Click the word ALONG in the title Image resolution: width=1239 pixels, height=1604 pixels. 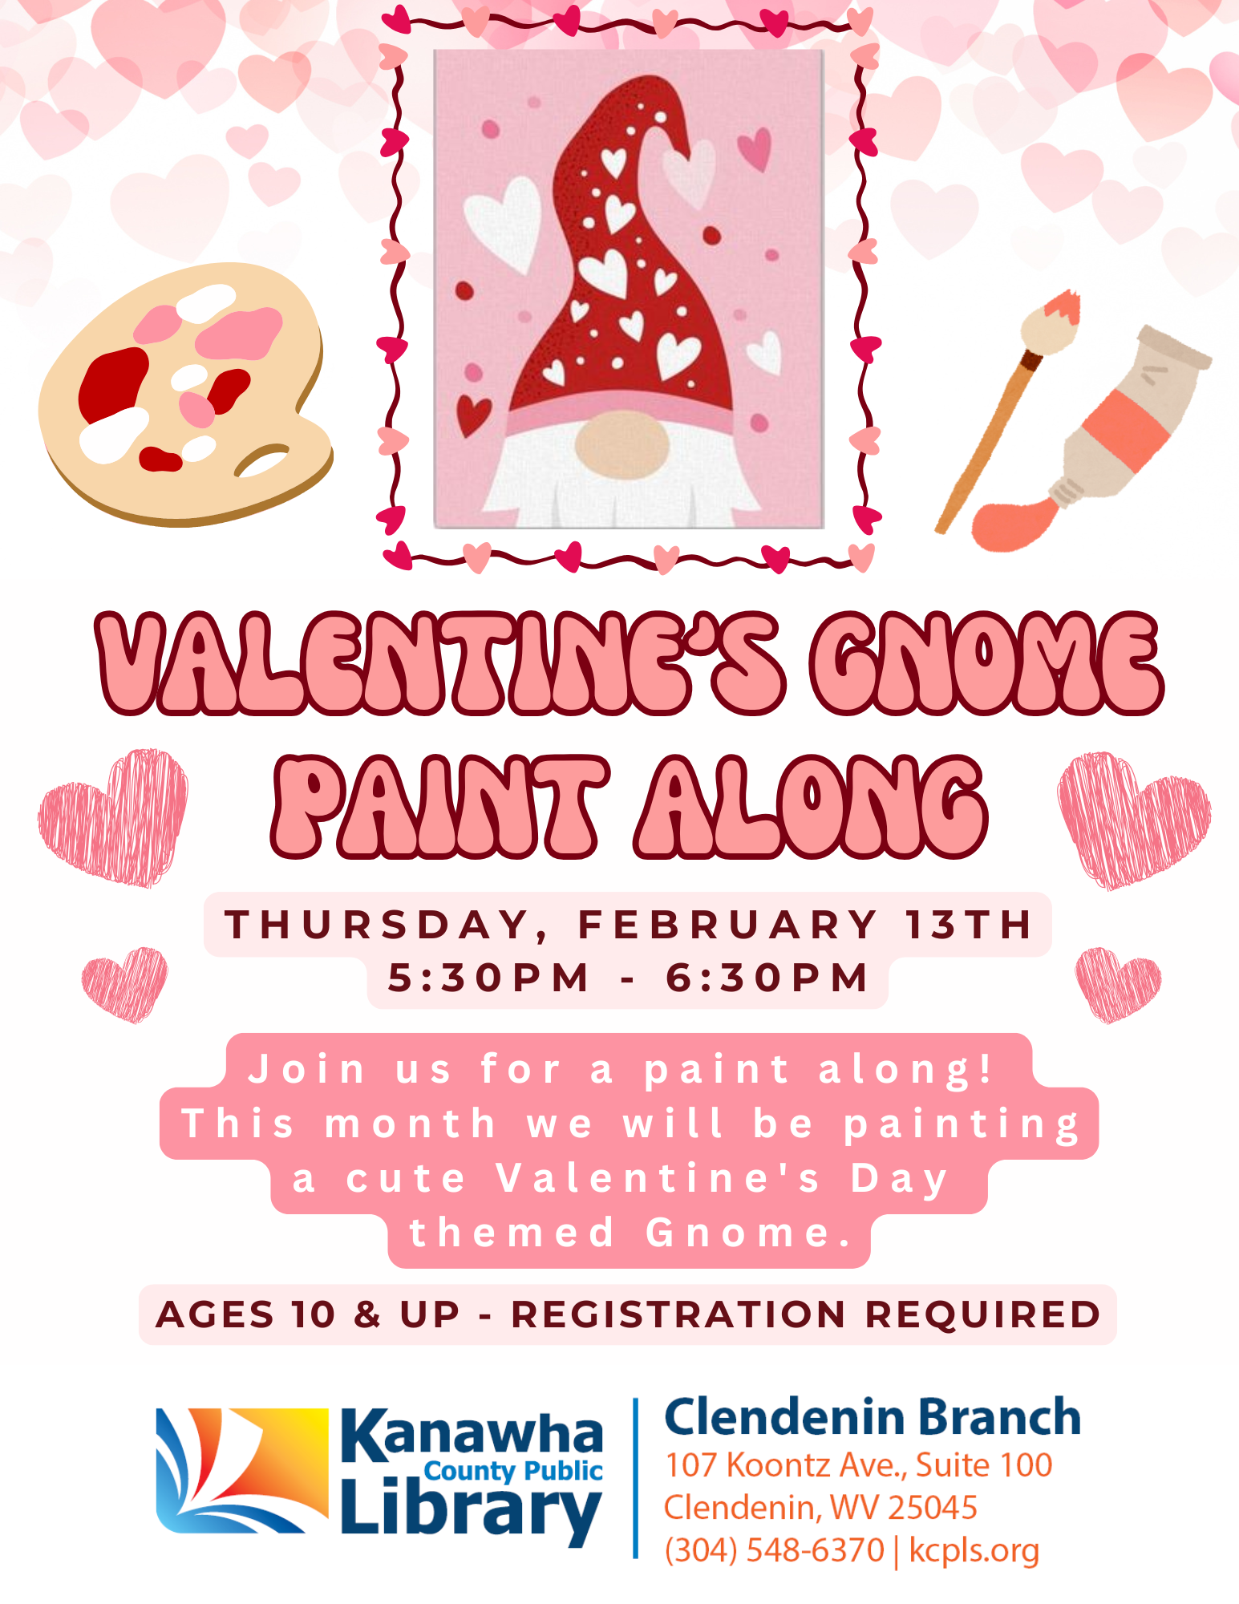tap(810, 806)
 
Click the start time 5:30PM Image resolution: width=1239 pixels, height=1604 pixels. tap(488, 978)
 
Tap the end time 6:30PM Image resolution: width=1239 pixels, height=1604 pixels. tap(767, 978)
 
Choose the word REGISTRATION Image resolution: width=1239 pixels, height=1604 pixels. tap(678, 1314)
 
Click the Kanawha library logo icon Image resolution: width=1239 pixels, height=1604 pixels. tap(242, 1470)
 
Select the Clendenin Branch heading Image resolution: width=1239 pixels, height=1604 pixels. tap(873, 1416)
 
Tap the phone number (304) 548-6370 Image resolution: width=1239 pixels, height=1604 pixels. tap(774, 1550)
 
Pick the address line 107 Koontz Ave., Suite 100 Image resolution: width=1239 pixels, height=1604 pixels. tap(858, 1465)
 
